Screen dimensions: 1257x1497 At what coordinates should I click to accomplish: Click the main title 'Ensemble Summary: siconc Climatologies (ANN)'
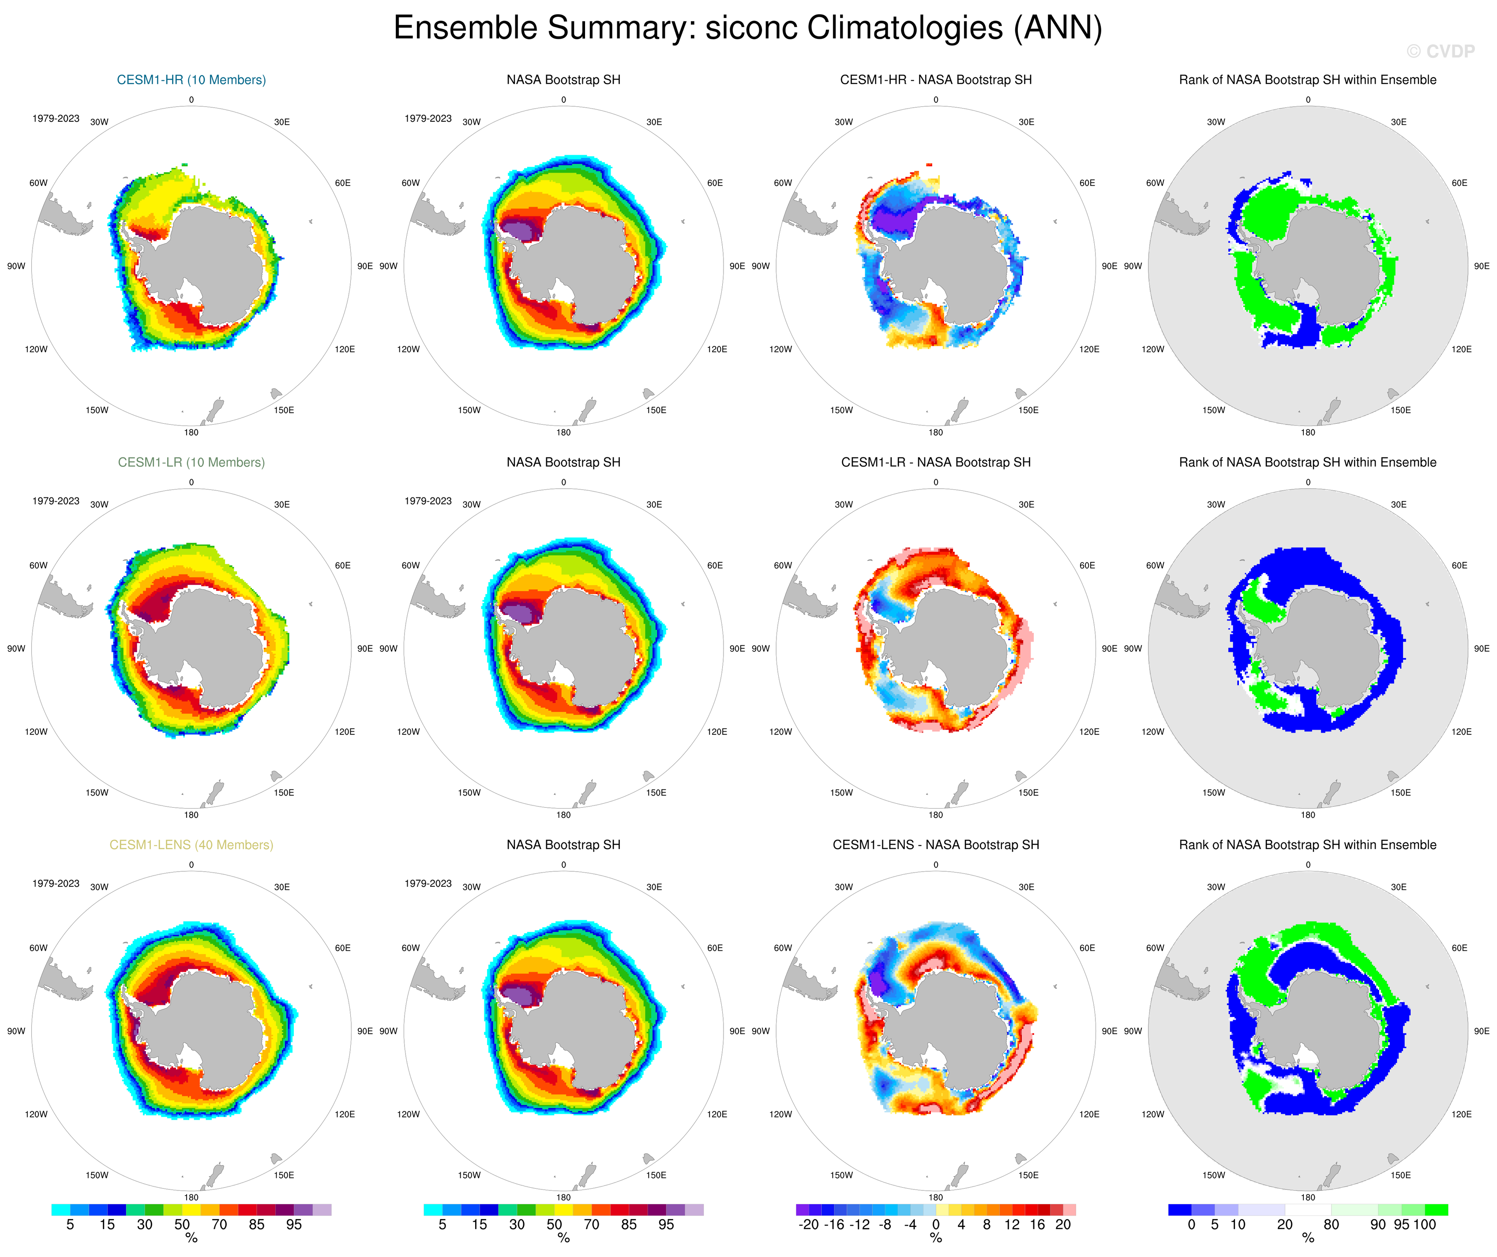coord(748,29)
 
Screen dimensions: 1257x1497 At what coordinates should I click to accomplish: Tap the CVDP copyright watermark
coord(1440,51)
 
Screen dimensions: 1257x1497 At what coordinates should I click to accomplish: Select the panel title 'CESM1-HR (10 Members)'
coord(191,80)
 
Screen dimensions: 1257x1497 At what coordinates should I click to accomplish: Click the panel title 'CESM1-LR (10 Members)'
coord(191,462)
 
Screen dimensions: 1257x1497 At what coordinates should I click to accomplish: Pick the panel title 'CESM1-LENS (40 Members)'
coord(191,845)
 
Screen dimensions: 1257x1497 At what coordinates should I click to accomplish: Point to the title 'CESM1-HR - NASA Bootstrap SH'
coord(935,80)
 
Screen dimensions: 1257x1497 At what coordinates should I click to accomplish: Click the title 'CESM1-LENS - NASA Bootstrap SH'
coord(935,845)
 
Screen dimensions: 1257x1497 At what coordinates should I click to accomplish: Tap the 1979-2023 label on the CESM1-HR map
coord(56,118)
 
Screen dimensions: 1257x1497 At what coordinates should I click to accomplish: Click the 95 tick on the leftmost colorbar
coord(294,1225)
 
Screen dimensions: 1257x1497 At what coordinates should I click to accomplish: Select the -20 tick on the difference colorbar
coord(808,1225)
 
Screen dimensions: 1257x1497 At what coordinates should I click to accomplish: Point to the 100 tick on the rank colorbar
coord(1424,1225)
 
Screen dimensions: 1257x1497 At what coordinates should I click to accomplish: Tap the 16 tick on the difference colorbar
coord(1037,1225)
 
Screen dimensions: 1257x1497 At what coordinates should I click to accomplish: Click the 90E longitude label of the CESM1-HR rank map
coord(1481,266)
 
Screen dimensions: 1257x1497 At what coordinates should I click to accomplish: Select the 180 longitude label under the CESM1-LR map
coord(191,815)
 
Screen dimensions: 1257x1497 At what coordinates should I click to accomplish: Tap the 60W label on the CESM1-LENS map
coord(38,948)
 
